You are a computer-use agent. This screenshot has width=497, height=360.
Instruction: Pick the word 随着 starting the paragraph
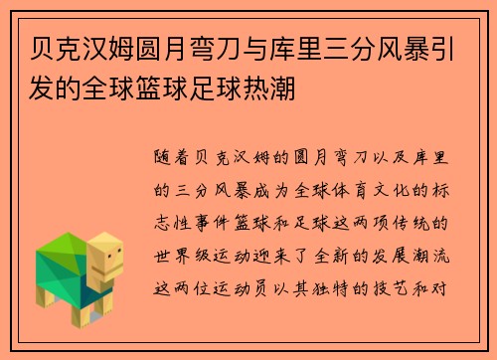[171, 157]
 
